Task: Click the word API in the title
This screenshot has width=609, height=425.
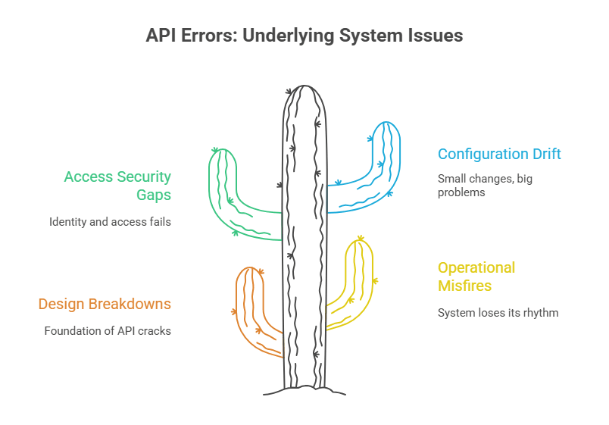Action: pyautogui.click(x=161, y=36)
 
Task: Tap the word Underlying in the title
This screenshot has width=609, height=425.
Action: pyautogui.click(x=283, y=36)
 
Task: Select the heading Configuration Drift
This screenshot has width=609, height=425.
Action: pyautogui.click(x=499, y=154)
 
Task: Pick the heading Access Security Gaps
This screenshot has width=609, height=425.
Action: pyautogui.click(x=117, y=186)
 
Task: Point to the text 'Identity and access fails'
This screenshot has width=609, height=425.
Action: pyautogui.click(x=110, y=222)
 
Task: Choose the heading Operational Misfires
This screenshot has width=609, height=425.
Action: pyautogui.click(x=476, y=277)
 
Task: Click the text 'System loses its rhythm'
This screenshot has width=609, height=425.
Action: pyautogui.click(x=498, y=312)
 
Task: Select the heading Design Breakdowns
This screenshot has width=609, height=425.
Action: pyautogui.click(x=105, y=304)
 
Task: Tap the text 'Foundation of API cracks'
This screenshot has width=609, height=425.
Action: pyautogui.click(x=108, y=330)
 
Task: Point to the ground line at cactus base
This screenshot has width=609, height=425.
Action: pyautogui.click(x=304, y=392)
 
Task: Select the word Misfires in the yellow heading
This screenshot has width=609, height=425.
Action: pyautogui.click(x=464, y=286)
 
